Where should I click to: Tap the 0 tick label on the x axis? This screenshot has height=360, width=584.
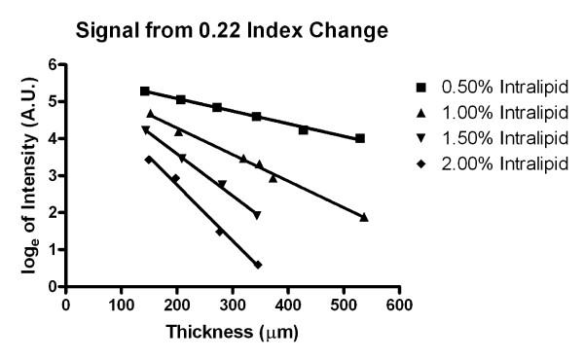coord(66,303)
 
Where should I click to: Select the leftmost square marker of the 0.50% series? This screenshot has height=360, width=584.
coord(145,90)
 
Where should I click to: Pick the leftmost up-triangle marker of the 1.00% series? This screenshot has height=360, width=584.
coord(150,114)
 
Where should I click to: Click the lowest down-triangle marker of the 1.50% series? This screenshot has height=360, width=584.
coord(257,215)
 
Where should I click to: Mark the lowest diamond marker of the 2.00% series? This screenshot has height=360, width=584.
coord(258,265)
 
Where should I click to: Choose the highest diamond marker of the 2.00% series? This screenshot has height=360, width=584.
coord(148,159)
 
